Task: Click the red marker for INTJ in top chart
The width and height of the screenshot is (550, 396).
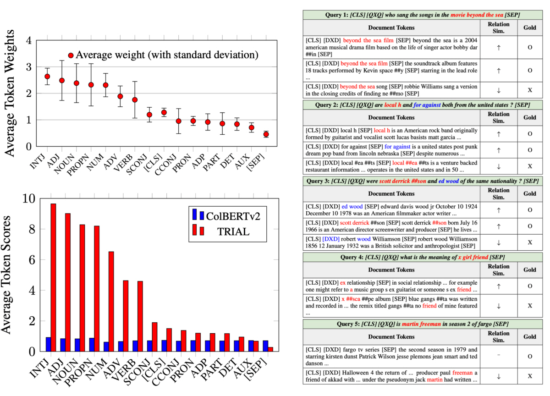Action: click(47, 77)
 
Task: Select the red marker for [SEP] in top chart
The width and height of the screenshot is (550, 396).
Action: click(266, 134)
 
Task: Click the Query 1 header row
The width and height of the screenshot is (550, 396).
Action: click(422, 15)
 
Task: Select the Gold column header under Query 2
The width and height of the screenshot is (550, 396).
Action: click(529, 117)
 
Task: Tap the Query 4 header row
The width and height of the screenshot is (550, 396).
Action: click(422, 258)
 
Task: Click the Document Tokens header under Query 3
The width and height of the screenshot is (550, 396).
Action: click(392, 193)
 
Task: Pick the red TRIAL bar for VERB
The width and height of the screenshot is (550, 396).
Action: click(140, 316)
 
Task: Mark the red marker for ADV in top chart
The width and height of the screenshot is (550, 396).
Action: click(120, 97)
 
